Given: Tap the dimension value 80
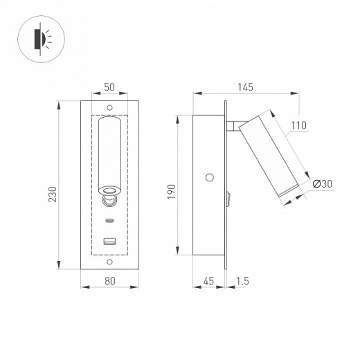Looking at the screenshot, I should tap(109, 281).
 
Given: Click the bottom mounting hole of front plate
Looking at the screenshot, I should tap(109, 262).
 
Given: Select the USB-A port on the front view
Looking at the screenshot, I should tap(109, 241).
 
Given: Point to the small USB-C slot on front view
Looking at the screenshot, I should tap(109, 222).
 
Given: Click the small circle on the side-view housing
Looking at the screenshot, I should tap(210, 177).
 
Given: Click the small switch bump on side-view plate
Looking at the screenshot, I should tap(227, 201).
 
